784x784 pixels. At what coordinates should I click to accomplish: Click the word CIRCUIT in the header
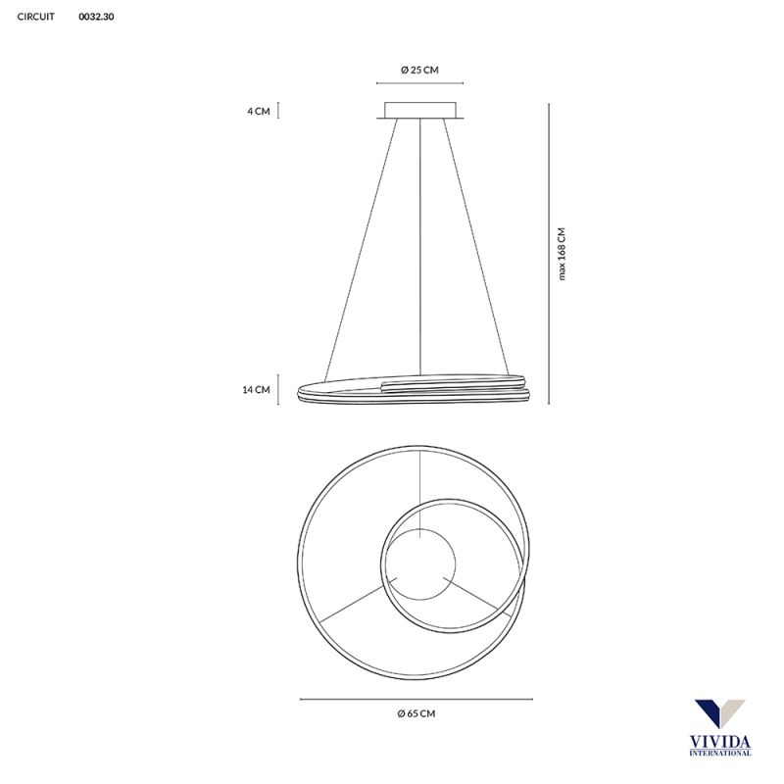point(35,17)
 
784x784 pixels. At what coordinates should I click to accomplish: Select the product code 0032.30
point(96,17)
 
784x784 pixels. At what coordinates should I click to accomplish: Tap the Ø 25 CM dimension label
point(419,70)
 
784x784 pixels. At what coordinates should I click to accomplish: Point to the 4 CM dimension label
point(258,111)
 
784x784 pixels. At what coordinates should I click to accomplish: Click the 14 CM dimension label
point(256,389)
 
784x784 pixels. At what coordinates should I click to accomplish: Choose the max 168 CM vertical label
point(563,254)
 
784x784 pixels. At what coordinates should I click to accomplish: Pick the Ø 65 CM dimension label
point(416,714)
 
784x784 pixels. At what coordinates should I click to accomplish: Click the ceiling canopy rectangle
point(419,110)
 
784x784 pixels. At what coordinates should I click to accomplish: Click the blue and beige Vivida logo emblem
point(719,715)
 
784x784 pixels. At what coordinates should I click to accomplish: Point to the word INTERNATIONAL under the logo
point(720,753)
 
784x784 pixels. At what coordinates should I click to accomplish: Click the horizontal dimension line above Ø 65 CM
point(416,699)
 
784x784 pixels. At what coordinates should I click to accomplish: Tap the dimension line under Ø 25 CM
point(419,84)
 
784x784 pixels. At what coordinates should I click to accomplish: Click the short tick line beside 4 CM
point(279,110)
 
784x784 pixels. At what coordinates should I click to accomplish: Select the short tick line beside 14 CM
point(280,389)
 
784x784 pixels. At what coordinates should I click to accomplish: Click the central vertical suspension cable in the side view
point(419,245)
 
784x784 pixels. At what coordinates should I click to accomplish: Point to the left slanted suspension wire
point(361,245)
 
